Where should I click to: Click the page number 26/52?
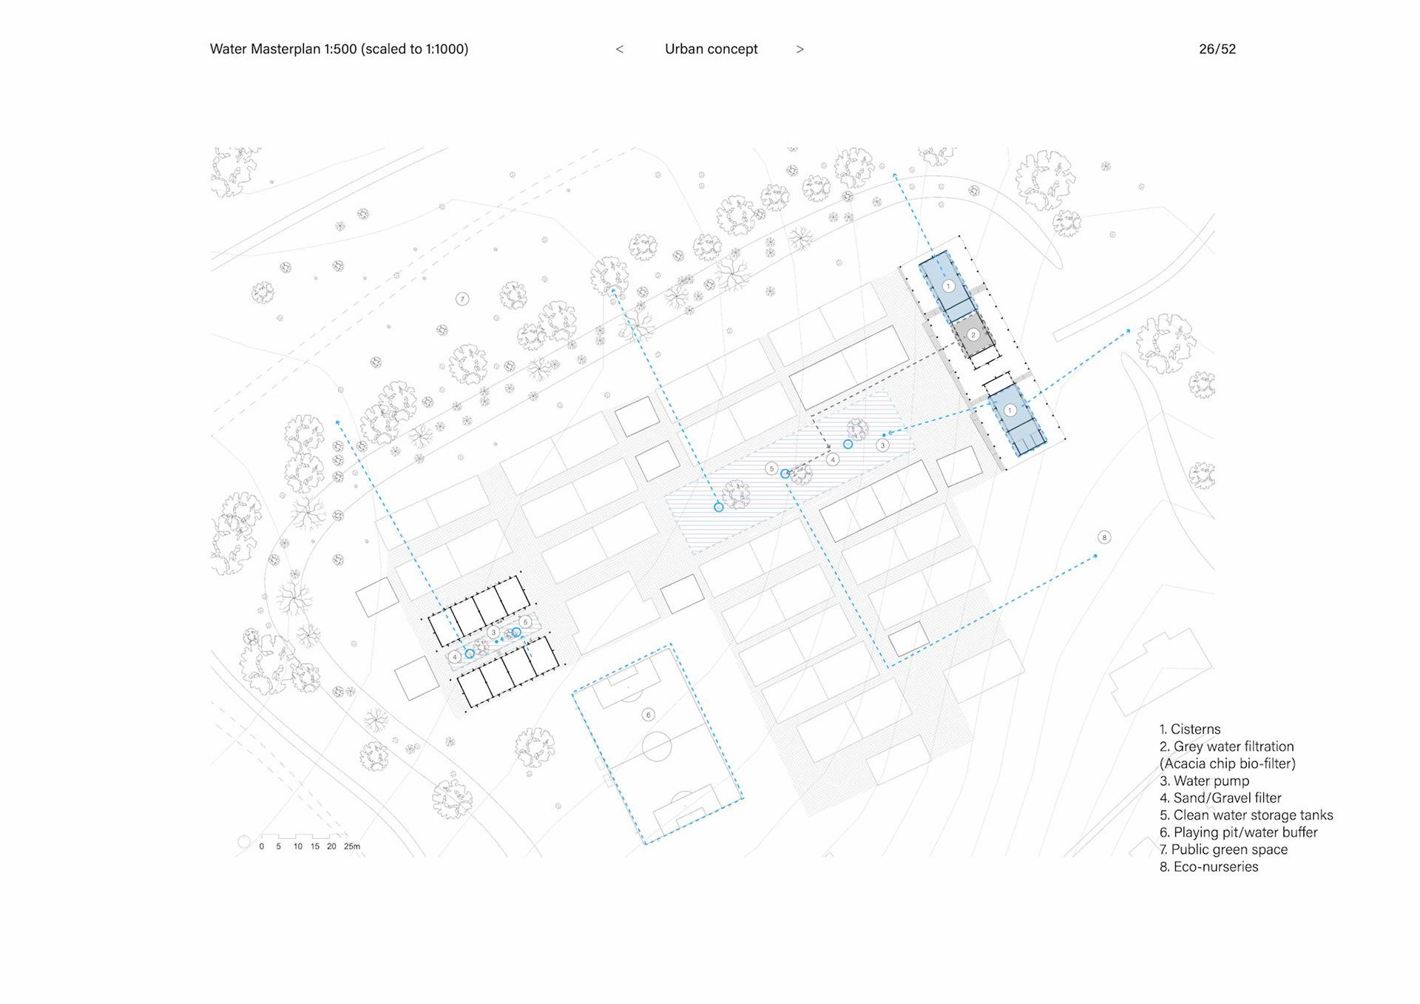tap(1217, 49)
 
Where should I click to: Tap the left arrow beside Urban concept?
tap(620, 49)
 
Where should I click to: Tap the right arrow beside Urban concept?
tap(799, 49)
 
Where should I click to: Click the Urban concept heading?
tap(711, 49)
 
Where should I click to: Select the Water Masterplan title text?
tap(339, 49)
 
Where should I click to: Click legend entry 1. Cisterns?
tap(1190, 729)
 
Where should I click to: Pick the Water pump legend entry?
tap(1204, 781)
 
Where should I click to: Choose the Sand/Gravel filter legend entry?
tap(1220, 798)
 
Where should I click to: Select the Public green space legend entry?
tap(1223, 849)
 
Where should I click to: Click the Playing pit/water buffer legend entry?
tap(1239, 832)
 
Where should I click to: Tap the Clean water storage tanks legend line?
tap(1246, 815)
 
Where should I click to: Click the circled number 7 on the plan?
tap(462, 299)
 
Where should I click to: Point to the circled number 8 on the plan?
tap(1103, 537)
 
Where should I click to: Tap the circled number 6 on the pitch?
tap(648, 714)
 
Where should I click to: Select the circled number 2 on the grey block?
tap(973, 334)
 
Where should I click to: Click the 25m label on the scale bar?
tap(352, 846)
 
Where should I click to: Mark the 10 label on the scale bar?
tap(297, 846)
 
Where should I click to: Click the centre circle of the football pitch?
tap(657, 747)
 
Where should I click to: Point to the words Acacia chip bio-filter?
tap(1228, 764)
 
